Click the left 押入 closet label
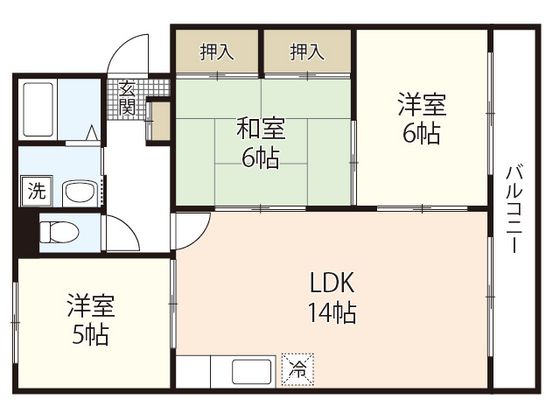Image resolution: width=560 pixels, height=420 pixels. (217, 53)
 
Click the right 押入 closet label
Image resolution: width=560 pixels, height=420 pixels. (307, 53)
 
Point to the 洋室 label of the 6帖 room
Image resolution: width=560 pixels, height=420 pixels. (421, 105)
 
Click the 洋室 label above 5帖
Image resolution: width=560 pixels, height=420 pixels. (90, 303)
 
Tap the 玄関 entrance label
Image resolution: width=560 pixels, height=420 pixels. (127, 97)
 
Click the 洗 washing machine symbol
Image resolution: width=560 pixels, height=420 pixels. (35, 191)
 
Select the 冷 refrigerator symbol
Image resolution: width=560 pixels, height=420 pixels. (298, 368)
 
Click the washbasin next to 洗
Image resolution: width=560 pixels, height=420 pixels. (77, 192)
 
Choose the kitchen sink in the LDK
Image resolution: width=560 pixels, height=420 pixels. (250, 371)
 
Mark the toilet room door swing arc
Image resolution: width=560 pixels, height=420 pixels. (120, 235)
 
